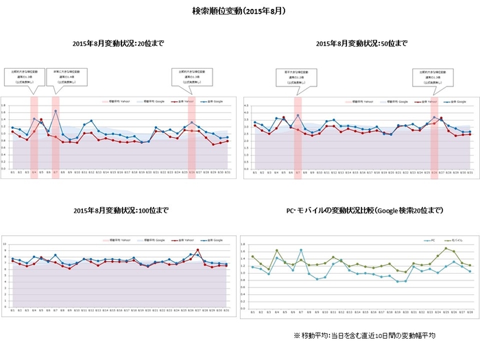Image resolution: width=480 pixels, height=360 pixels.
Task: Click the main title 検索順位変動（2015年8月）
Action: tap(239, 12)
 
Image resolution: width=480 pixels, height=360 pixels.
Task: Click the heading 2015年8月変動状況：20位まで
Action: tap(118, 43)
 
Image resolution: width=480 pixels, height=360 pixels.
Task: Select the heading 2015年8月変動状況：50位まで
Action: tap(361, 43)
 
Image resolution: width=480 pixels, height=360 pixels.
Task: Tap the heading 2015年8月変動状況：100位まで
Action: tap(118, 208)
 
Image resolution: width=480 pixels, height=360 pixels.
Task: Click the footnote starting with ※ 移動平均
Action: tap(364, 335)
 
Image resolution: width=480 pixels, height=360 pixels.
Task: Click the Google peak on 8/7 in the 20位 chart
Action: tap(56, 111)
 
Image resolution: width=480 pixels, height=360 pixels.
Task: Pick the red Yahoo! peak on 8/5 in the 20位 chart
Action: tap(41, 119)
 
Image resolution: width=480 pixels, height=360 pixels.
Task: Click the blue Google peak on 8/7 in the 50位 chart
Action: tap(298, 115)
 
